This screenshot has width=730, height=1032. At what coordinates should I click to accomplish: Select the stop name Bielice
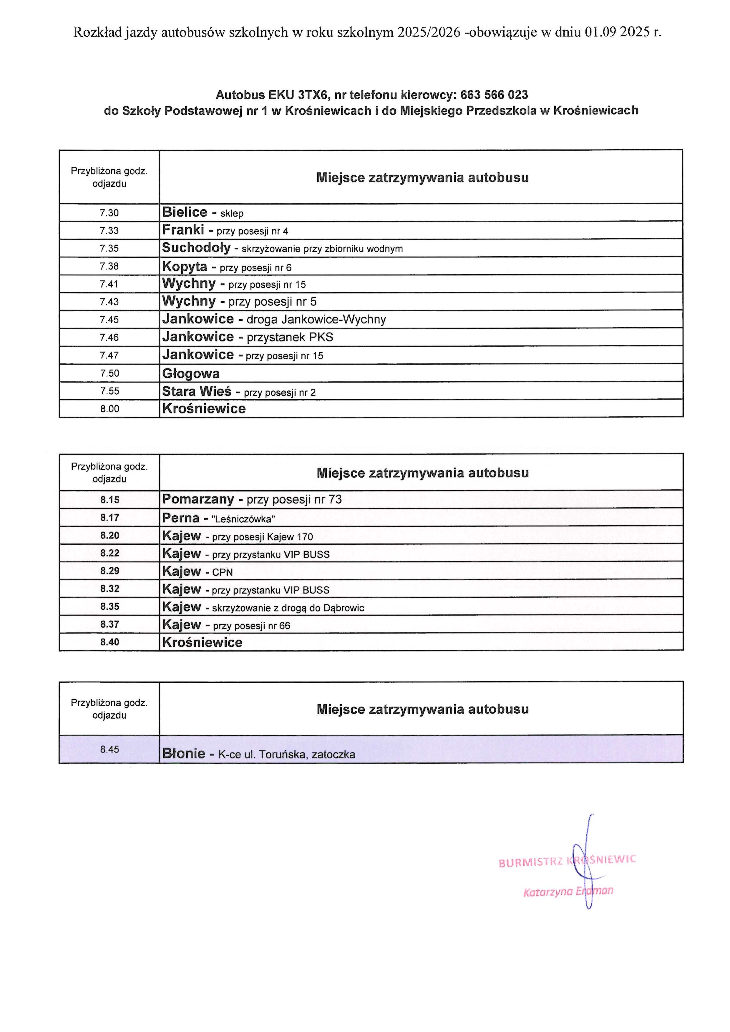click(x=185, y=212)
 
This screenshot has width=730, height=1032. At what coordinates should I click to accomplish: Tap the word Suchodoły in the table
click(x=196, y=248)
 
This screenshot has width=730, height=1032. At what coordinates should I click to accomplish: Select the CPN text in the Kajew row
click(x=222, y=572)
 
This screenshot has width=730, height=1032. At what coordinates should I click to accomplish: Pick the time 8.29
click(x=110, y=571)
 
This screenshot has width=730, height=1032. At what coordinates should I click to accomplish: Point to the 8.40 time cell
click(x=110, y=642)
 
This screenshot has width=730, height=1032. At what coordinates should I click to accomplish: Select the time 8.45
click(x=110, y=749)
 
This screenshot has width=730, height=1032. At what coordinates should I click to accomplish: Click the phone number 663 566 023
click(x=494, y=95)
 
